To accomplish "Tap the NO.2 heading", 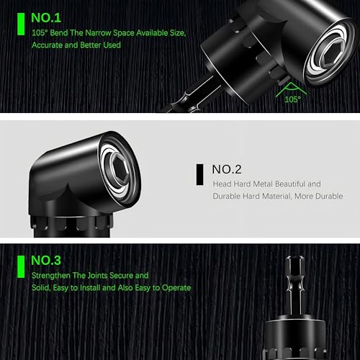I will click(x=227, y=170).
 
